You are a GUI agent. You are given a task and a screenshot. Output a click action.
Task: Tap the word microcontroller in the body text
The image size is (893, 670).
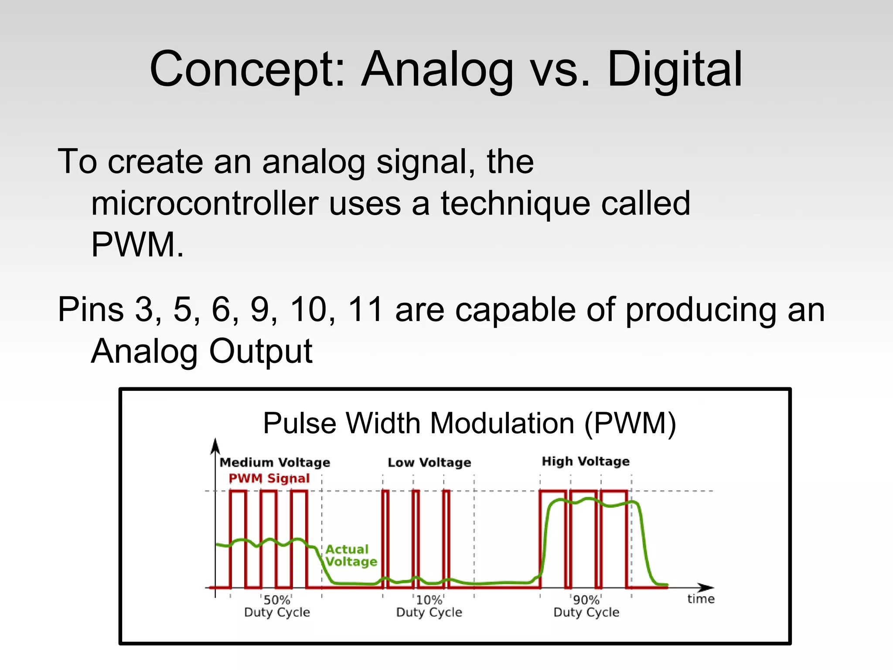(x=205, y=204)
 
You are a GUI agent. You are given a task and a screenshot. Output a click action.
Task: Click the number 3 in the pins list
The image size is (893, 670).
(x=144, y=310)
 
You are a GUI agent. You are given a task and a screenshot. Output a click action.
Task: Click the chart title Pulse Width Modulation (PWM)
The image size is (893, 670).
(x=469, y=423)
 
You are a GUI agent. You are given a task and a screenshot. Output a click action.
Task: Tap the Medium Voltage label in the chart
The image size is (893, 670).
(x=275, y=462)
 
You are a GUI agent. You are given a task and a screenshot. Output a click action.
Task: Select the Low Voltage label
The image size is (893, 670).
(x=429, y=462)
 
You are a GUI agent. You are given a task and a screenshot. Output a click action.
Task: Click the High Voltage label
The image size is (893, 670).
(x=586, y=461)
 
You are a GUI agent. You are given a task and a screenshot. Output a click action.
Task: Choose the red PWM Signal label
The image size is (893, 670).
(x=269, y=479)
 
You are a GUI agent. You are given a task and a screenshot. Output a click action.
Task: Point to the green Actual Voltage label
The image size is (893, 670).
(x=351, y=555)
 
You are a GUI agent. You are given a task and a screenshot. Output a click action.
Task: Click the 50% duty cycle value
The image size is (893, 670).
(x=277, y=600)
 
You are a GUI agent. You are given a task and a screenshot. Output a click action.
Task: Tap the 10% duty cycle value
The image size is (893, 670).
(x=429, y=600)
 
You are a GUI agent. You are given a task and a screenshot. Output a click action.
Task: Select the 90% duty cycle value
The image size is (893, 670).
(x=586, y=600)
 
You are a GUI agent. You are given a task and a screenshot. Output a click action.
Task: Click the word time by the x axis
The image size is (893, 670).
(x=701, y=599)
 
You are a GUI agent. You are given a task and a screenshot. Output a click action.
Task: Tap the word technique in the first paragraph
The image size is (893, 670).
(x=515, y=204)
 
